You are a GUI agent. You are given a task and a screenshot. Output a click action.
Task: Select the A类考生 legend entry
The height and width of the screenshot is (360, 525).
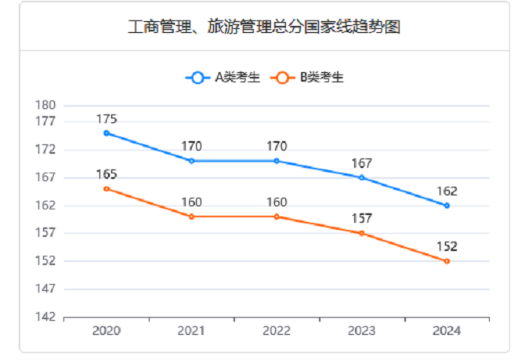223,78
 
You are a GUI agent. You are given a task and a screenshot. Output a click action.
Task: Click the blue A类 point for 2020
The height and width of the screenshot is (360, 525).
107,133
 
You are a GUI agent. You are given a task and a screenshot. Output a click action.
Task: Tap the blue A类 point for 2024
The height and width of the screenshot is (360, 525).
447,205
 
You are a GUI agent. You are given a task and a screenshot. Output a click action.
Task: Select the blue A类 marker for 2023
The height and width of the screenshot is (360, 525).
362,178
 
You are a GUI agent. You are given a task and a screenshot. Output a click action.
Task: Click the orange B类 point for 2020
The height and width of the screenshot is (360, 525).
107,188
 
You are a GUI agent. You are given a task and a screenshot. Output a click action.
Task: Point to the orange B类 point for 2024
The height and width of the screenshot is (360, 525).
447,261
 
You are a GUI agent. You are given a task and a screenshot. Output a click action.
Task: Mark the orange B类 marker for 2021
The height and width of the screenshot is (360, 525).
191,216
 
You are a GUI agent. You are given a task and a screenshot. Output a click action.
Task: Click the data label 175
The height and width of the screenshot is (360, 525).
107,119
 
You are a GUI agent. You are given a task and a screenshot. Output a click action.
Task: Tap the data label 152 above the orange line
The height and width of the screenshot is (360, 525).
447,247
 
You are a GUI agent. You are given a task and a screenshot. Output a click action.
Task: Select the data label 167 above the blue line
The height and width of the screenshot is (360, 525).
362,164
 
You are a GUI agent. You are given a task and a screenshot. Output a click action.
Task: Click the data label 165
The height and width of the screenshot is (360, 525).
107,174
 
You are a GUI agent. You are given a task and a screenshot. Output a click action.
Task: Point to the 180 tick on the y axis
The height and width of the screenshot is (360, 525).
46,105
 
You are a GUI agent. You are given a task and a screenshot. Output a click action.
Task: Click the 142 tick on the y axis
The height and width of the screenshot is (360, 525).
46,317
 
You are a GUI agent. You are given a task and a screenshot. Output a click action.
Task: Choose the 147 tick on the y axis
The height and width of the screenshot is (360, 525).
46,289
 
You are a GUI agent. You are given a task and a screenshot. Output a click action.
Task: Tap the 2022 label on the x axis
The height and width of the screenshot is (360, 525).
277,331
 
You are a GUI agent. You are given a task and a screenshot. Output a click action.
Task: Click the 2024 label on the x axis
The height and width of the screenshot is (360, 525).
447,331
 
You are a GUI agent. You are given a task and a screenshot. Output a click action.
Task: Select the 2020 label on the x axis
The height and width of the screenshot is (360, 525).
107,331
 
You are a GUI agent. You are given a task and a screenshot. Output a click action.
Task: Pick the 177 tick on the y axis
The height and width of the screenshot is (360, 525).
46,122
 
